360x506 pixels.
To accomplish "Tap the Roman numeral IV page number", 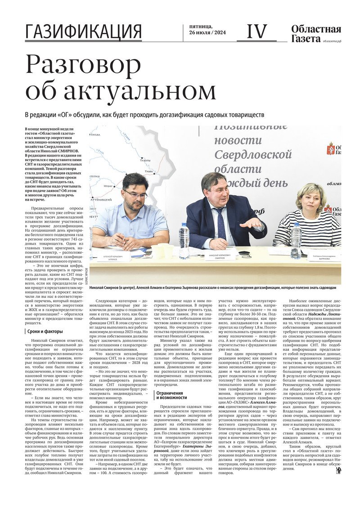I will click(x=257, y=31).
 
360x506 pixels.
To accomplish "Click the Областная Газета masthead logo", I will click(x=315, y=33).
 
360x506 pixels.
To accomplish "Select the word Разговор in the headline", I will click(x=83, y=64).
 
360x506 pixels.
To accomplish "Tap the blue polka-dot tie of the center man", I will click(x=220, y=224).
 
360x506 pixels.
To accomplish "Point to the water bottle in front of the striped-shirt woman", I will click(x=296, y=240).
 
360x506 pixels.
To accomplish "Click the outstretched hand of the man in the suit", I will click(x=251, y=223).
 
